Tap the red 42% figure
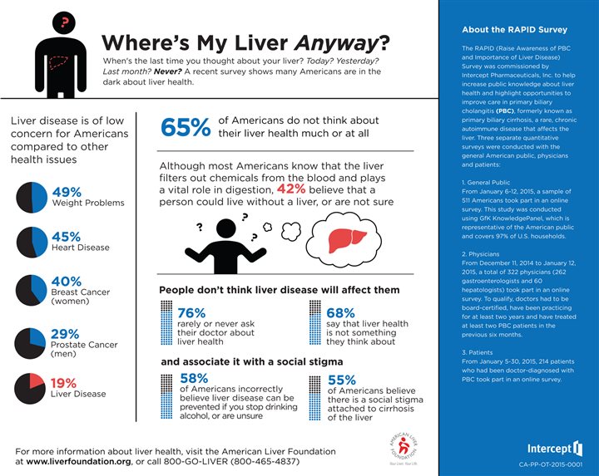pos(291,189)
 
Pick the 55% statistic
pos(342,380)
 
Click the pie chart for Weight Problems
pos(30,196)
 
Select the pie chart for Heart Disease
pos(30,242)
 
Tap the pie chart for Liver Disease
pos(30,388)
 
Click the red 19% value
pos(64,384)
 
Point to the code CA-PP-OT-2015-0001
pos(550,466)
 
